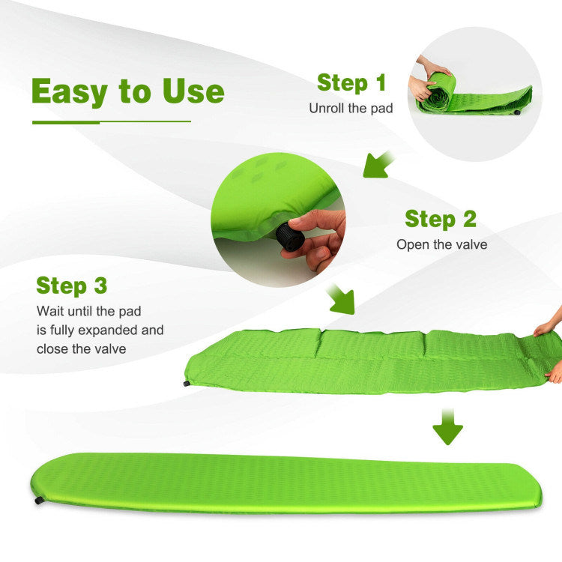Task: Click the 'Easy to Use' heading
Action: click(128, 91)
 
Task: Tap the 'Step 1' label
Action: click(351, 83)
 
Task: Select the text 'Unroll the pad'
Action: click(351, 108)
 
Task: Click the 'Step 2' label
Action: click(441, 219)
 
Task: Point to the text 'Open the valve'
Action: click(441, 245)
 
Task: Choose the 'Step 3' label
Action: click(72, 286)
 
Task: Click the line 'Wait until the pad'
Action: click(89, 311)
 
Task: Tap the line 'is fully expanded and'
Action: click(100, 330)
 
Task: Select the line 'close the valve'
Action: click(82, 348)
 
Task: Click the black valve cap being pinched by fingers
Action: click(290, 237)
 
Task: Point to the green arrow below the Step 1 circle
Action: click(378, 165)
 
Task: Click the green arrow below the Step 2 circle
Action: click(341, 299)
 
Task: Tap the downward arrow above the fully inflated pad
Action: click(447, 426)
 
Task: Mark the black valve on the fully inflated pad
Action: click(39, 500)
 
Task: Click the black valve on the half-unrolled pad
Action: click(187, 384)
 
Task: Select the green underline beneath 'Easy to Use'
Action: click(112, 122)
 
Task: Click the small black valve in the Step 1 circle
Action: click(517, 112)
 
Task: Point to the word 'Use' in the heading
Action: click(193, 91)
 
